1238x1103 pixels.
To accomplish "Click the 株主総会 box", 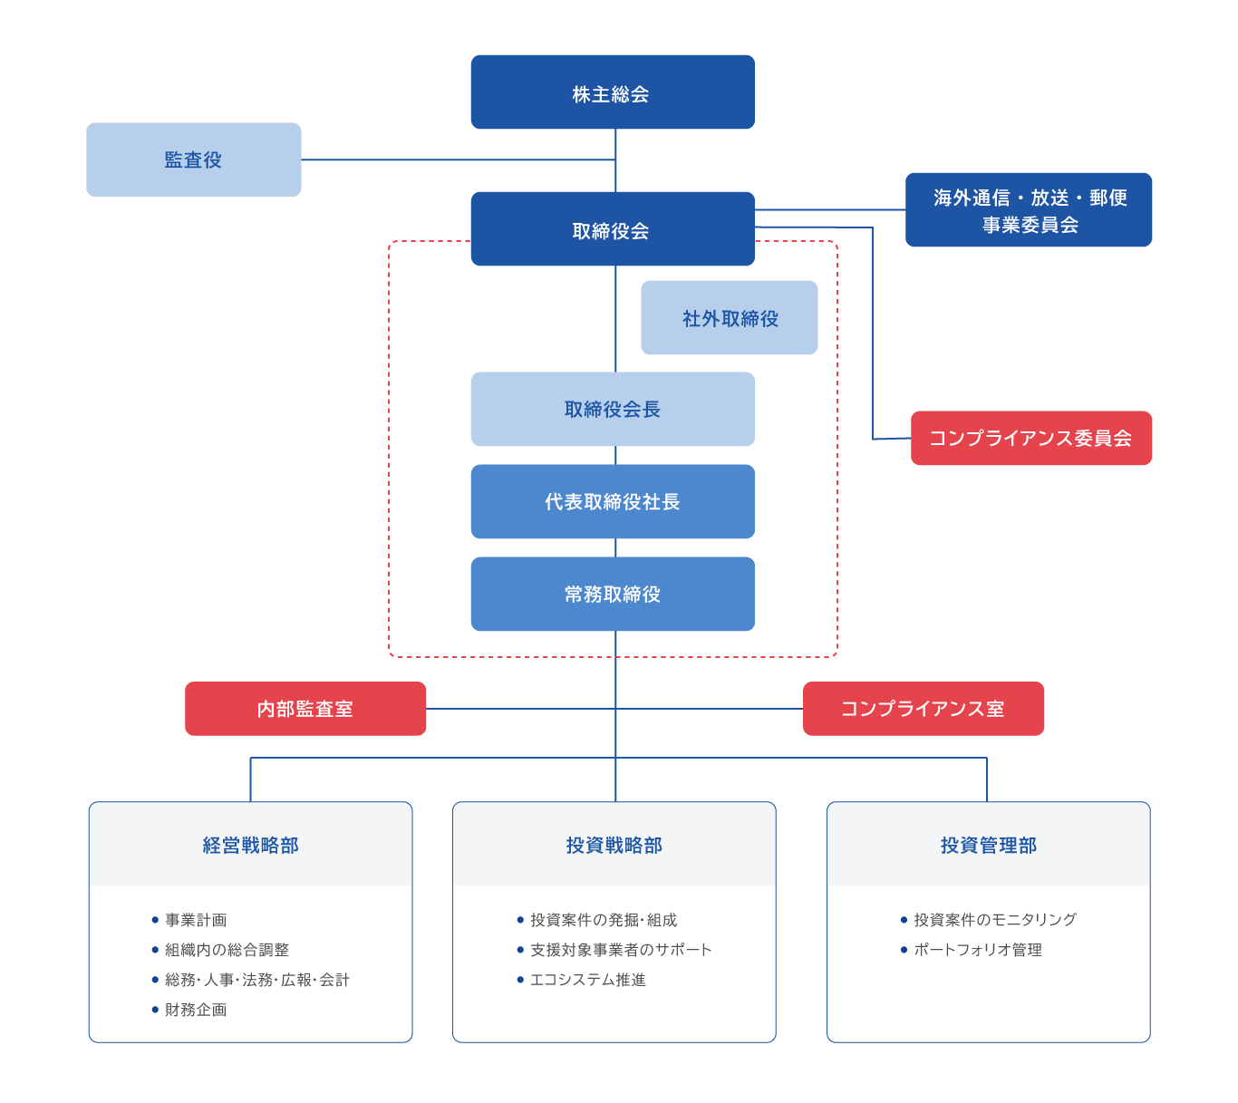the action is (x=613, y=92).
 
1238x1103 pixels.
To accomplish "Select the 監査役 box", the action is (x=194, y=160).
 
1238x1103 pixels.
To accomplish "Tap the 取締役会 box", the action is (x=613, y=228).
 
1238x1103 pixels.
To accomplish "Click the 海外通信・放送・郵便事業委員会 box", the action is (x=1029, y=209).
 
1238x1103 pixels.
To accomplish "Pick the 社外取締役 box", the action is (x=729, y=318).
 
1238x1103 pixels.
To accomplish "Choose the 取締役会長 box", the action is (x=613, y=409).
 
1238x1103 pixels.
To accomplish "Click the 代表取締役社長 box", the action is (x=613, y=501).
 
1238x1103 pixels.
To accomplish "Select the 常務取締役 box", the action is (x=613, y=594).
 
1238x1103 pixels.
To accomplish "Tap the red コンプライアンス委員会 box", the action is (x=1030, y=438).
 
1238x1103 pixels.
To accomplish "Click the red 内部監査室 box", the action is (x=305, y=708).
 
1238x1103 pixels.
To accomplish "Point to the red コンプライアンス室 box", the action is (x=924, y=708).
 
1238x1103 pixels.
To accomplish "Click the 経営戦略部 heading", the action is (x=250, y=845).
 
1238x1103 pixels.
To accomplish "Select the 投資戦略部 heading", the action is (x=614, y=845).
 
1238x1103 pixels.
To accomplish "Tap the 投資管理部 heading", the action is (x=988, y=845).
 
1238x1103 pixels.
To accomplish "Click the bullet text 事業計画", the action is (x=196, y=920).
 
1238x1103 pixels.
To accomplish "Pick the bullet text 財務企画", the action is (x=196, y=1010).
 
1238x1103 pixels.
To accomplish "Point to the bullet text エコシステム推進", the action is (x=588, y=980).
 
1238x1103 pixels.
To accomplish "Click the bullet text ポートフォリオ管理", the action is (x=978, y=950).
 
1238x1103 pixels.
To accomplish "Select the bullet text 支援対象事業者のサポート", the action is (x=621, y=950).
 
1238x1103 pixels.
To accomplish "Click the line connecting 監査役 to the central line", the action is (x=459, y=160).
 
